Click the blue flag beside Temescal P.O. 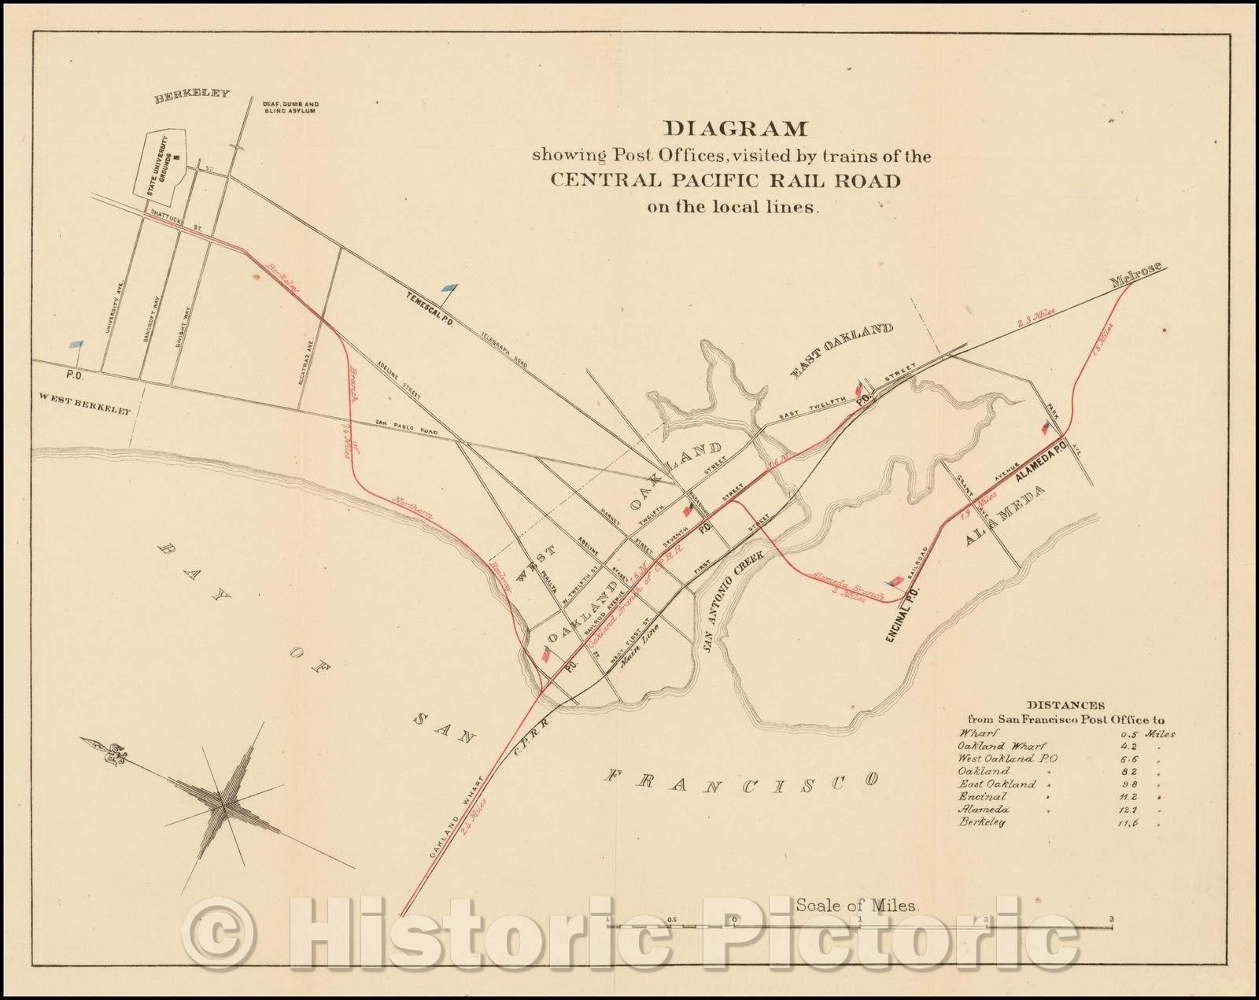449,289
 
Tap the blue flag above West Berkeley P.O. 76,345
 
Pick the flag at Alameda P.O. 1045,427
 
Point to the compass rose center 223,803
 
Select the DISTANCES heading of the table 1065,706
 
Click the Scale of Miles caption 857,905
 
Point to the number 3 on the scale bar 1110,919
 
